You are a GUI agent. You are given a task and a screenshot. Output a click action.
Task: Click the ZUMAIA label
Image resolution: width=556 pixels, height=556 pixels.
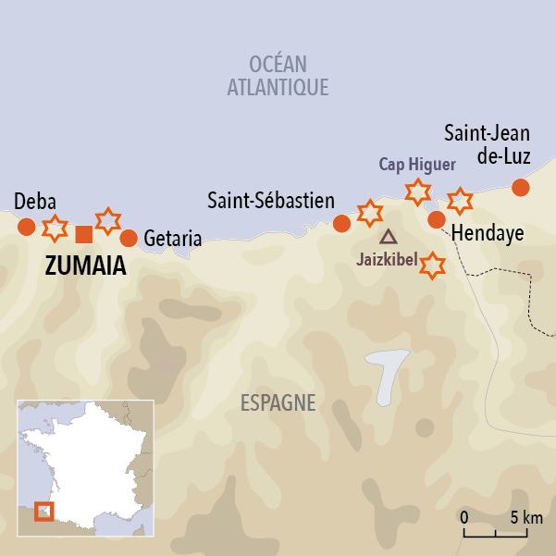85,266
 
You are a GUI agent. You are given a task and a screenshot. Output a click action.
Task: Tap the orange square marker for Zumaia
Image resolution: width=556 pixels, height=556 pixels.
83,233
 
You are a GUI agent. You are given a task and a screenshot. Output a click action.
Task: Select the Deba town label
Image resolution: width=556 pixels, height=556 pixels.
35,203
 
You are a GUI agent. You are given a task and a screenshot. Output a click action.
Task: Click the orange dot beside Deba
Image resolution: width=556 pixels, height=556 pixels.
27,227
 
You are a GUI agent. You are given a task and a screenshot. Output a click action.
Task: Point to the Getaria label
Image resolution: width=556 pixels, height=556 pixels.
173,239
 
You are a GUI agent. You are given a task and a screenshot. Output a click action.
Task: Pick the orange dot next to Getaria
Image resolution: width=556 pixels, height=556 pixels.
129,238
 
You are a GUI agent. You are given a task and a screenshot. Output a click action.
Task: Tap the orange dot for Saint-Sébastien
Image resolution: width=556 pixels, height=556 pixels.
341,223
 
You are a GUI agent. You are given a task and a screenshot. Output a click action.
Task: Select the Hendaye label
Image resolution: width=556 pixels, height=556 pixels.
488,234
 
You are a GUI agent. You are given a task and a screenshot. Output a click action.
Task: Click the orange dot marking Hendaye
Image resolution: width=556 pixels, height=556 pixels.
437,219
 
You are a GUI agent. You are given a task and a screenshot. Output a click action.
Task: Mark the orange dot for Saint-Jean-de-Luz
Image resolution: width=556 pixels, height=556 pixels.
521,187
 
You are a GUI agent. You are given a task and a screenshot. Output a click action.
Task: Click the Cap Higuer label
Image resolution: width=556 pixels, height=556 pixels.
417,165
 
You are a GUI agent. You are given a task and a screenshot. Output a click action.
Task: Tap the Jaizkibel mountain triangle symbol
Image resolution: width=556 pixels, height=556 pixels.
388,237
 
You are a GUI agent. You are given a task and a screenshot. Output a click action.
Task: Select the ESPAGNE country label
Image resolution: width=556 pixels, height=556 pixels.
278,403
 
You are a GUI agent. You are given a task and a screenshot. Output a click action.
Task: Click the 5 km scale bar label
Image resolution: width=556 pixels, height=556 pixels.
525,517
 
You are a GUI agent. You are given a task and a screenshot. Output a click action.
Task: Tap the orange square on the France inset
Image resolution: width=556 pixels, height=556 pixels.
43,511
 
